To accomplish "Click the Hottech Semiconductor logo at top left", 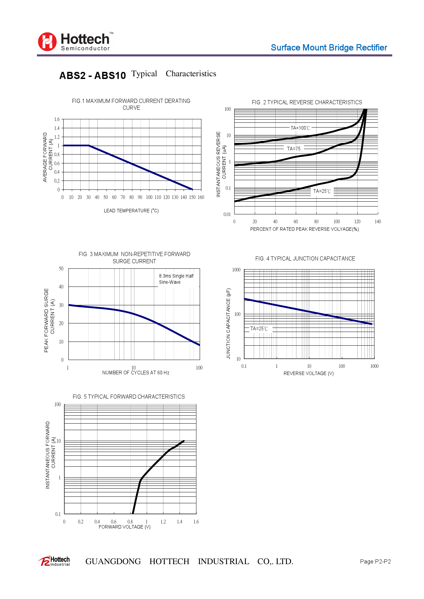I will tap(75, 42).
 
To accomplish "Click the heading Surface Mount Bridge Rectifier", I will tap(329, 48).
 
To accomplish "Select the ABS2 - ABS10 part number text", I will tap(93, 76).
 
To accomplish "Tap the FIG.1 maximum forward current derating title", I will tap(131, 104).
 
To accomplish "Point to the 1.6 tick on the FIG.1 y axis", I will tap(57, 119).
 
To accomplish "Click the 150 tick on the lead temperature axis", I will tap(192, 197).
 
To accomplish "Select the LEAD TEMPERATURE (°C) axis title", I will tap(131, 211).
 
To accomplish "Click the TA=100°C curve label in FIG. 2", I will tap(300, 128).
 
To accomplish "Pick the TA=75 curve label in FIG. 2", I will tap(294, 149).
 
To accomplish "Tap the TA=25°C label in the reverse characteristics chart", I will tap(322, 191).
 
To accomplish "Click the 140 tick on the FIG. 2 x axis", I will tap(377, 222).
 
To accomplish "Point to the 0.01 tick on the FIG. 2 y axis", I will tap(227, 214).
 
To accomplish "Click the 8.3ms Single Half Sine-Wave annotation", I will tap(176, 279).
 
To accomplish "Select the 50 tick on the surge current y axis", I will tap(61, 269).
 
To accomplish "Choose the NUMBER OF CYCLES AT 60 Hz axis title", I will tap(136, 373).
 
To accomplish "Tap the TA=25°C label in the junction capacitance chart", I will tap(259, 329).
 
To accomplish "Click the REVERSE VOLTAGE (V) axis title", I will tap(308, 373).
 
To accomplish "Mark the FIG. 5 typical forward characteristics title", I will tap(129, 397).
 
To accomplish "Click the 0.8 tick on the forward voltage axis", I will tap(130, 522).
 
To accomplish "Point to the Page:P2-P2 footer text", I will tap(375, 561).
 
